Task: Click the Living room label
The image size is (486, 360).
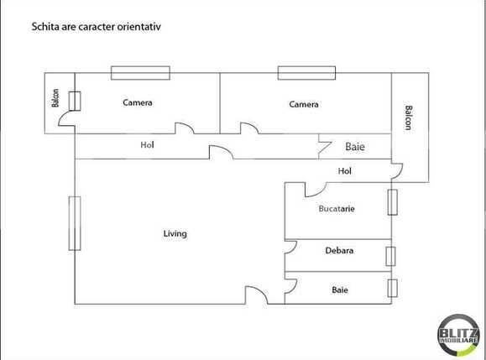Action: tap(175, 233)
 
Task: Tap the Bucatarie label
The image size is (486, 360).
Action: tap(337, 208)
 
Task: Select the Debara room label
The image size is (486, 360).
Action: tap(339, 250)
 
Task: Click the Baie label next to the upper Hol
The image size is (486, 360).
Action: tap(355, 147)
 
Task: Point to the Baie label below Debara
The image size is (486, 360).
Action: tap(340, 290)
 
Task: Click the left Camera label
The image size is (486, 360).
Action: tap(138, 102)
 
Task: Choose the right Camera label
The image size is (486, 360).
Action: tap(304, 104)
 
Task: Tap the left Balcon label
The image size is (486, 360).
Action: tap(55, 98)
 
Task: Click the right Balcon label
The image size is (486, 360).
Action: tap(409, 117)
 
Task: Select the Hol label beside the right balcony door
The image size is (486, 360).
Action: tap(345, 170)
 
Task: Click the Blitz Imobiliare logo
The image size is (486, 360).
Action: tap(459, 335)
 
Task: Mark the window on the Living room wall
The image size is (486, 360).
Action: tap(75, 223)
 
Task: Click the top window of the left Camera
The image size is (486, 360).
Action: tap(140, 73)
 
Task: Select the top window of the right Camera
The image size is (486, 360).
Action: tap(306, 73)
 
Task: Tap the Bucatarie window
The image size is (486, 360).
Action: tap(392, 202)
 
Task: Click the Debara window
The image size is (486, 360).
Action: tap(390, 256)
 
